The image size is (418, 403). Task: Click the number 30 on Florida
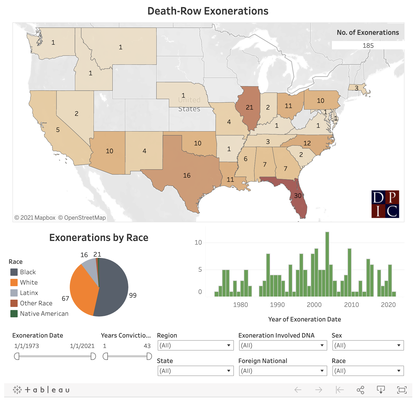298,196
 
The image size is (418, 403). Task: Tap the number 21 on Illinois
249,107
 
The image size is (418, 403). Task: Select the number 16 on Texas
187,176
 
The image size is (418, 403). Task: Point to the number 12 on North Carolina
307,143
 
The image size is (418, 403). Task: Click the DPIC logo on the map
385,204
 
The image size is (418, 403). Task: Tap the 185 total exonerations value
368,46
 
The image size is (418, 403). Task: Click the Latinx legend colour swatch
14,293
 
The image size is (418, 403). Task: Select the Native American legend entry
44,314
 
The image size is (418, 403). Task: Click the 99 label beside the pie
133,295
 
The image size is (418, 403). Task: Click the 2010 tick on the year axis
351,305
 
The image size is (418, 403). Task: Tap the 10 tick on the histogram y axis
198,243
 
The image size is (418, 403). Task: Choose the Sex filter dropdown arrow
399,345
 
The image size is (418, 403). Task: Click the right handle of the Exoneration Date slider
93,356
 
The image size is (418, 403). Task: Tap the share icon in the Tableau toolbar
360,390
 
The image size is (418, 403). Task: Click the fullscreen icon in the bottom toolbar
402,390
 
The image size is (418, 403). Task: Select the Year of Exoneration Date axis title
304,319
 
